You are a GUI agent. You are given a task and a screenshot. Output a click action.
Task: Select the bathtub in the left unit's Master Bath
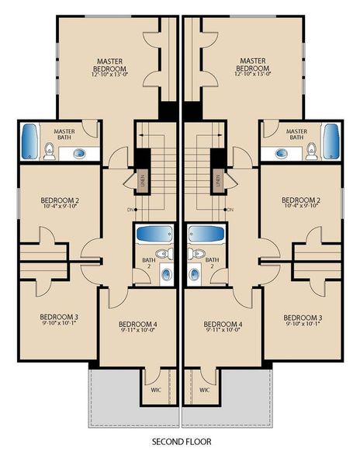pos(30,141)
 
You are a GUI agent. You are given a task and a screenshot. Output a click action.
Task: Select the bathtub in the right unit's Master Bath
pos(331,141)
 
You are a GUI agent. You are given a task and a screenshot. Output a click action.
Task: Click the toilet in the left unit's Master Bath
pos(49,152)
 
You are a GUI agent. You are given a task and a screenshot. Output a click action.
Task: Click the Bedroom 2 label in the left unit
pos(59,200)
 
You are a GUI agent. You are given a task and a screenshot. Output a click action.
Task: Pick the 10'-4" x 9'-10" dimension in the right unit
pos(301,207)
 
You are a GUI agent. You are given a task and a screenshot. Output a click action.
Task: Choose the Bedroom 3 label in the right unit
pos(302,317)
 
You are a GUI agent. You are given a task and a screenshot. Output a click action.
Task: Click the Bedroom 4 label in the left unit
pos(138,323)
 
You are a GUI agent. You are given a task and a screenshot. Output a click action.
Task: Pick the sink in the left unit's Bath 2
pos(166,273)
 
